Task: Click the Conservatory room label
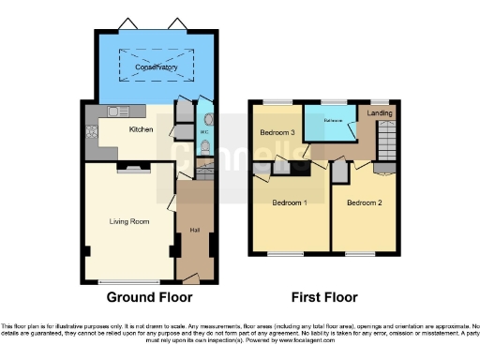pyautogui.click(x=156, y=67)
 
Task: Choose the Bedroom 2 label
pyautogui.click(x=364, y=202)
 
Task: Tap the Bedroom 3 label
pyautogui.click(x=277, y=133)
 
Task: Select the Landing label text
pyautogui.click(x=380, y=113)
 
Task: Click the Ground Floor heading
pyautogui.click(x=149, y=297)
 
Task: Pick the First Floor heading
pyautogui.click(x=324, y=297)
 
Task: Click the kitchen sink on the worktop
pyautogui.click(x=115, y=112)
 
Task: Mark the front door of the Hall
pyautogui.click(x=191, y=278)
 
